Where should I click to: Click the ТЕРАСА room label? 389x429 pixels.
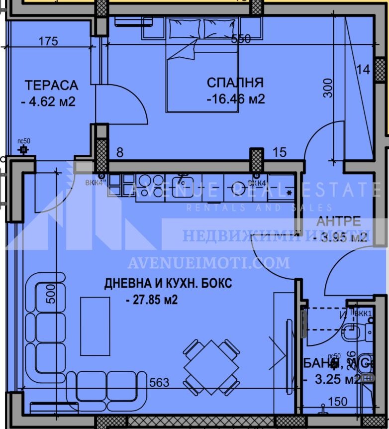point(52,85)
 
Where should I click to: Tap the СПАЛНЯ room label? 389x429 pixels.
point(235,83)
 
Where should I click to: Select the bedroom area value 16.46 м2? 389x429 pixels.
point(236,99)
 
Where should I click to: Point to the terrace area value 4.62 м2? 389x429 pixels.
point(48,102)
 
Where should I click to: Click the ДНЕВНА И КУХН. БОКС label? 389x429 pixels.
point(168,284)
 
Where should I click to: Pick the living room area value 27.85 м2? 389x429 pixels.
point(152,300)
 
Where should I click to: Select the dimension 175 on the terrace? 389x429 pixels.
point(48,41)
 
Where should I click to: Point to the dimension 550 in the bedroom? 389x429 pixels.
point(241,39)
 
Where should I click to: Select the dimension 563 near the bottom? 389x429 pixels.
point(160,383)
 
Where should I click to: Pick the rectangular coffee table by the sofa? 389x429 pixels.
point(95,326)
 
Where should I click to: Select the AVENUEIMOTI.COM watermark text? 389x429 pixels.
point(208,262)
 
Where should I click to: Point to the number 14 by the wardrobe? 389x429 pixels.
point(364,70)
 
